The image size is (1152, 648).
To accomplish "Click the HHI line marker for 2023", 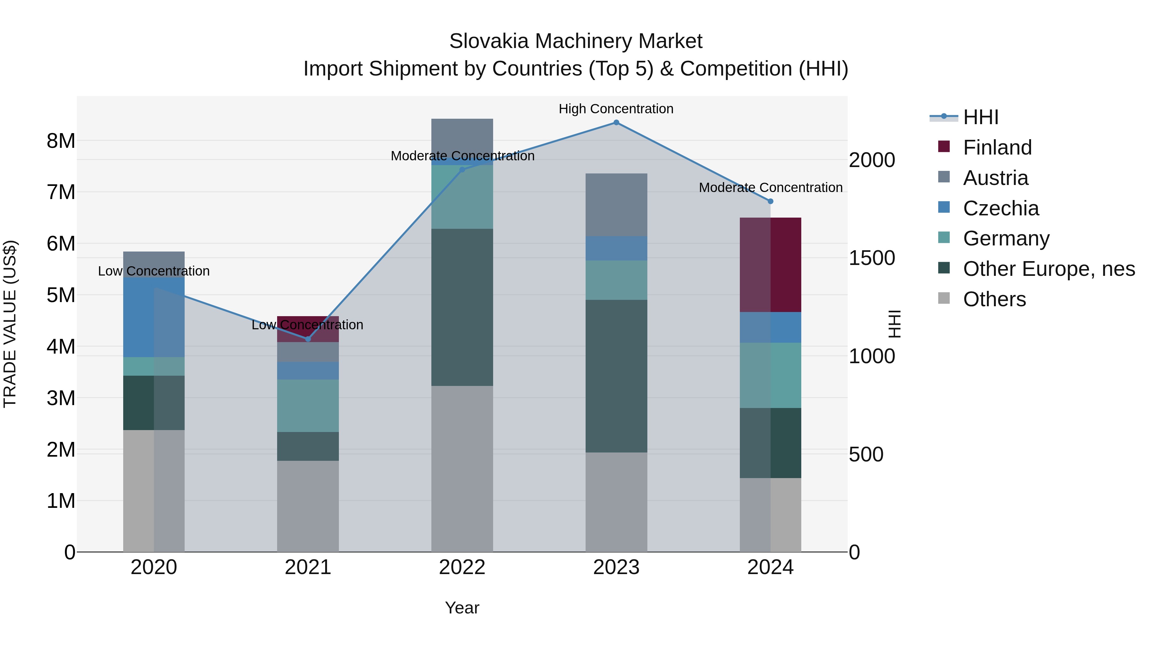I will click(x=616, y=123).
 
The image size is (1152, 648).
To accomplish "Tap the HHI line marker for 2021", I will click(x=308, y=339).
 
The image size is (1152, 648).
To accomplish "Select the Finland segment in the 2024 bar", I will click(x=771, y=265).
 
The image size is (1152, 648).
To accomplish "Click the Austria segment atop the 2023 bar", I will click(x=616, y=205).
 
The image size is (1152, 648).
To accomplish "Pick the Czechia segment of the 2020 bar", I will click(x=154, y=317).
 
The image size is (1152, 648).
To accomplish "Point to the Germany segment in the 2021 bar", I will click(x=308, y=406).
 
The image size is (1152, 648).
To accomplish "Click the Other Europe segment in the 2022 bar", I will click(x=462, y=307).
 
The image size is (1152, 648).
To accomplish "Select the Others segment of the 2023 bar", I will click(x=616, y=502).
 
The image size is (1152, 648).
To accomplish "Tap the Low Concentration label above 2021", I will click(x=307, y=325).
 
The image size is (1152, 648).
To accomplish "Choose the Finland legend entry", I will click(x=997, y=148).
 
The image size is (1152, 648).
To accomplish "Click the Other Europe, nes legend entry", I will click(x=1048, y=269).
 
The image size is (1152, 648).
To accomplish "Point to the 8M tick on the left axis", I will click(x=61, y=141).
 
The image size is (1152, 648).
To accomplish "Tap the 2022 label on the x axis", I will click(x=462, y=567).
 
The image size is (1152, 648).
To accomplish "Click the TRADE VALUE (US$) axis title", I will click(x=10, y=324).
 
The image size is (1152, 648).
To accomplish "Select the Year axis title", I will click(x=462, y=608).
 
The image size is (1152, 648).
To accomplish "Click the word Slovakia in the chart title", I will click(x=489, y=41).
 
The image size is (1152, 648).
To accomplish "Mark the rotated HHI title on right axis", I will click(x=894, y=324).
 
